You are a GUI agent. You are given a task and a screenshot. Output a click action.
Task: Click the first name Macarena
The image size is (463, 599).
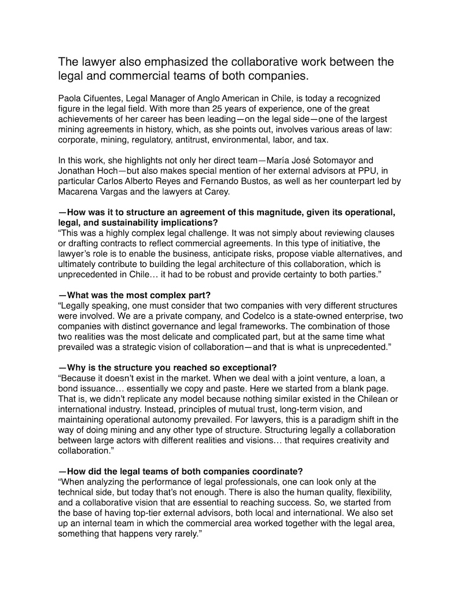tap(76, 192)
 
